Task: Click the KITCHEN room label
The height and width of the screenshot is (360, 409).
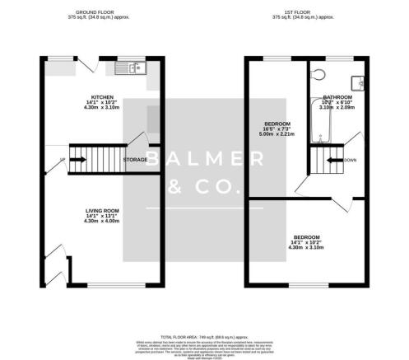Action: [102, 96]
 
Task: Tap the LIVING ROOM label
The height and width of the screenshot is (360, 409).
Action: [103, 210]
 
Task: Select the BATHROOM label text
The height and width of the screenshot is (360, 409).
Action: [337, 96]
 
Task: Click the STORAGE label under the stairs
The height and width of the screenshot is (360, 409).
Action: [136, 159]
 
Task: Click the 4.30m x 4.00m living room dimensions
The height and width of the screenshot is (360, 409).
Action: [103, 222]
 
